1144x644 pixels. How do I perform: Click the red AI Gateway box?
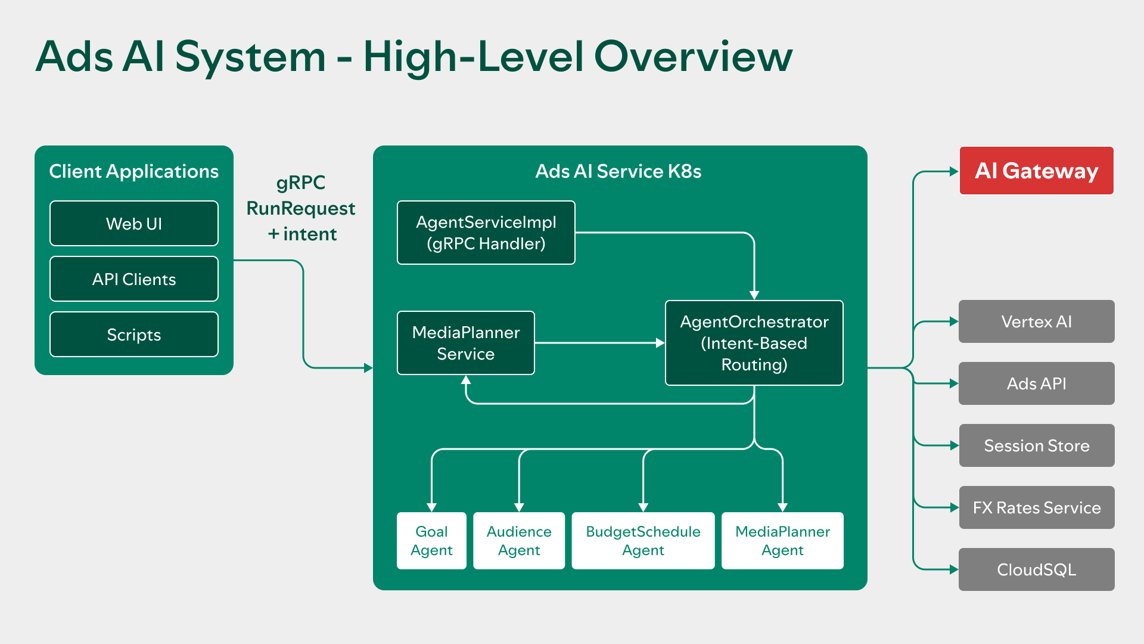[x=1036, y=171]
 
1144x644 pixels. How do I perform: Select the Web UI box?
[x=134, y=224]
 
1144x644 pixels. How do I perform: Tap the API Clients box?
[x=134, y=279]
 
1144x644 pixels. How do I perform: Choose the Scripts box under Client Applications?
[x=134, y=335]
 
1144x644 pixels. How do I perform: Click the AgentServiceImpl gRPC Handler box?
[x=486, y=233]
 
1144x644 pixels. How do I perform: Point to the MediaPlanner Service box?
[x=465, y=343]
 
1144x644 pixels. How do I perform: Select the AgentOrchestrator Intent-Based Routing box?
[x=754, y=343]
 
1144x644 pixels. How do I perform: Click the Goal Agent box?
[x=431, y=540]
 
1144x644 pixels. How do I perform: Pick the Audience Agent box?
[x=518, y=540]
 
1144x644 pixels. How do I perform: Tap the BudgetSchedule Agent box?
[x=643, y=540]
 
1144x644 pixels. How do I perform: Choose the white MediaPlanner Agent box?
[x=782, y=540]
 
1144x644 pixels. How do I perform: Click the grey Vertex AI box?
[x=1036, y=321]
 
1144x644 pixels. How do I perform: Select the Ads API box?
[x=1036, y=383]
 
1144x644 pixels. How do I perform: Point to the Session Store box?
[x=1036, y=445]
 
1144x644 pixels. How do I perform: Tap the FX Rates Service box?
[x=1036, y=507]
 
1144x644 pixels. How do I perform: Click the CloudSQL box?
[x=1036, y=569]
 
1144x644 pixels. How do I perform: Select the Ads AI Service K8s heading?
[x=618, y=171]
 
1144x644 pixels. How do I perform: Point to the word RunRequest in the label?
[x=300, y=208]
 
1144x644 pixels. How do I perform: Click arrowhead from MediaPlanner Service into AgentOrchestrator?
[x=660, y=343]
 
